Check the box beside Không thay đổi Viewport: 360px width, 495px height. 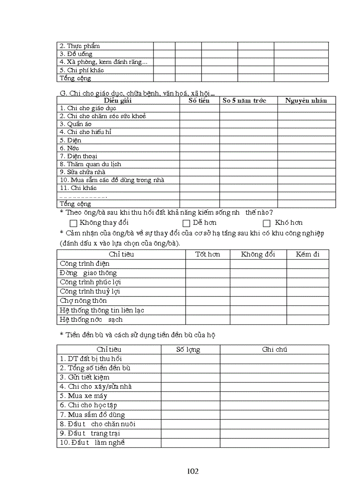(x=73, y=223)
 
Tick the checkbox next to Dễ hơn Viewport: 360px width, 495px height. (x=186, y=223)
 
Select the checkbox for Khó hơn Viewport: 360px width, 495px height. (x=266, y=223)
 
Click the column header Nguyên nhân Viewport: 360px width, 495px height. (x=306, y=100)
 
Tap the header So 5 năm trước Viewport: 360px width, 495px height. (x=244, y=100)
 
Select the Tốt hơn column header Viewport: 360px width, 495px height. (x=207, y=254)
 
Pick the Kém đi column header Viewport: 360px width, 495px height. (x=307, y=254)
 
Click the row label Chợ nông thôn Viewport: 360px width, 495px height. (x=83, y=301)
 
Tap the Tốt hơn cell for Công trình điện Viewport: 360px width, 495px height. (x=207, y=264)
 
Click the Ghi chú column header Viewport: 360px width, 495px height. (x=274, y=349)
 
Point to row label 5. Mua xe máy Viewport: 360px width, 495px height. (x=83, y=396)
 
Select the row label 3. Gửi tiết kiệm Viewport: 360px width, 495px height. (x=84, y=377)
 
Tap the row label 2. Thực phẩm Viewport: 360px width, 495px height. (x=79, y=46)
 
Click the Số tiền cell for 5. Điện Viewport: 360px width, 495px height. (x=199, y=140)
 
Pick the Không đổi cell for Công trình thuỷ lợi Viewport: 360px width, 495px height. (x=258, y=291)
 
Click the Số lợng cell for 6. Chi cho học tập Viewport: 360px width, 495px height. (x=190, y=405)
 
